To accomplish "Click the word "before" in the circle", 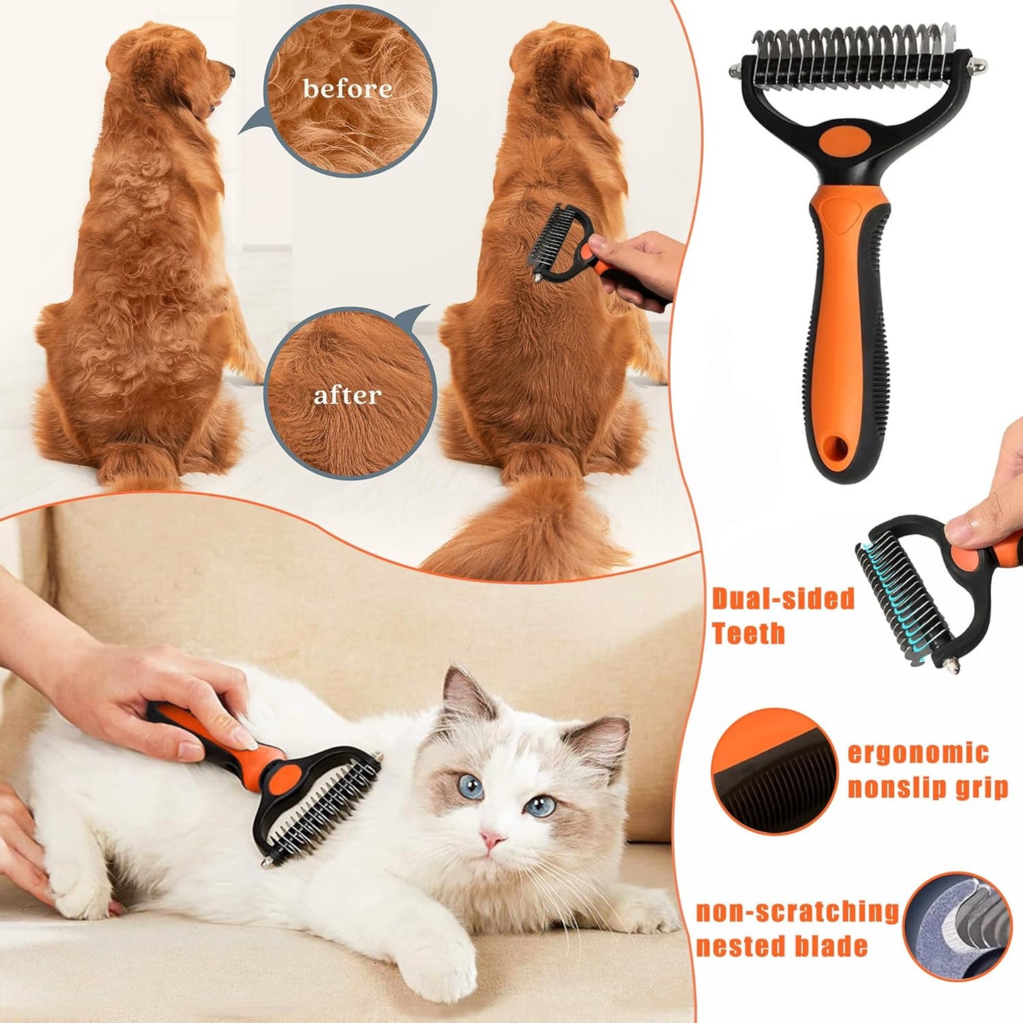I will (347, 88).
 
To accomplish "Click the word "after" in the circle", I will (347, 395).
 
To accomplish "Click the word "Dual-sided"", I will (783, 599).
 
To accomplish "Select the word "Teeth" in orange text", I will (748, 633).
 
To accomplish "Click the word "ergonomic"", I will (918, 753).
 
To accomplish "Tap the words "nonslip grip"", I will (927, 787).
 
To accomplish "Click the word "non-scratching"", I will (797, 912).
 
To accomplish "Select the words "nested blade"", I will (782, 947).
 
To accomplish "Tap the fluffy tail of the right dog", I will (524, 531).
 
